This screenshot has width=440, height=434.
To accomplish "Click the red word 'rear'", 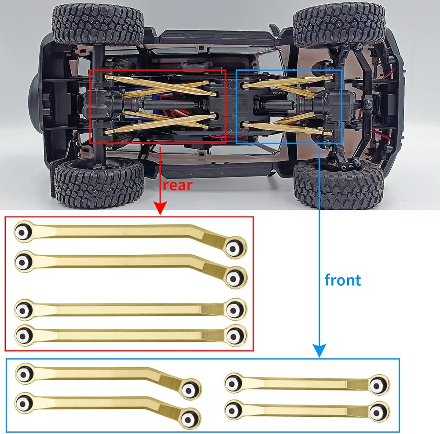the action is [x=178, y=186].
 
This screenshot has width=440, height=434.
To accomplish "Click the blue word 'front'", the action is [x=343, y=280].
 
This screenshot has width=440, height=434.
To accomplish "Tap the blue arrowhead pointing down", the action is [x=319, y=350].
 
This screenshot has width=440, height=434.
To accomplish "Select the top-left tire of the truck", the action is [x=98, y=25].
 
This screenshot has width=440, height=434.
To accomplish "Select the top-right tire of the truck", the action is [x=339, y=25].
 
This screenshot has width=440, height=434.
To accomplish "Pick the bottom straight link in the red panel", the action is [x=131, y=335].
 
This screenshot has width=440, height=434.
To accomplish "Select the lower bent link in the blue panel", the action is [x=108, y=410].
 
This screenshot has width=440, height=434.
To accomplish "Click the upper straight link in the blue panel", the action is [x=307, y=384].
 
